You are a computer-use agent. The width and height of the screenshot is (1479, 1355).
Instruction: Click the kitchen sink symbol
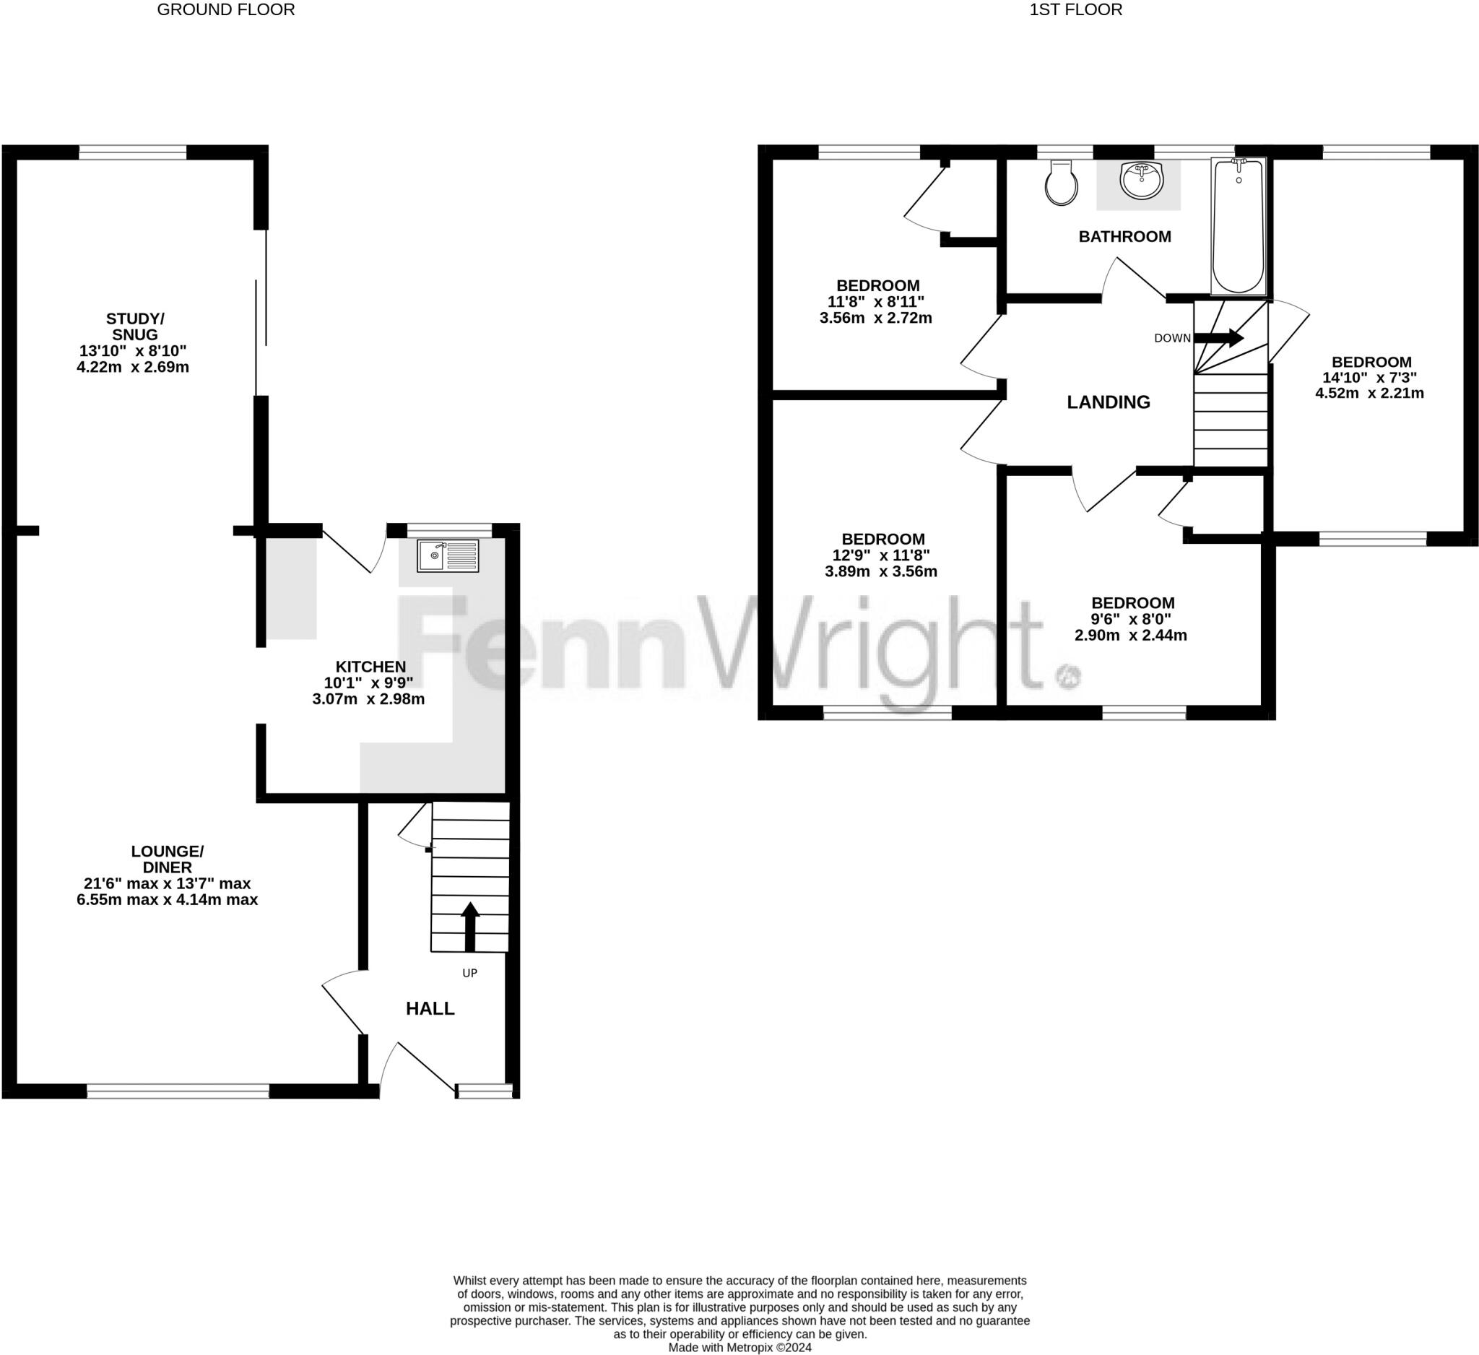tap(448, 555)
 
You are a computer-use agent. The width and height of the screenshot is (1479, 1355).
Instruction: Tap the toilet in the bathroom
tap(1061, 183)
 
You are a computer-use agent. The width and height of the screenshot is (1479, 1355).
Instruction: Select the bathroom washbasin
tap(1142, 181)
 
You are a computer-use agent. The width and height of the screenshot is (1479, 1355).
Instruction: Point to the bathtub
tap(1239, 226)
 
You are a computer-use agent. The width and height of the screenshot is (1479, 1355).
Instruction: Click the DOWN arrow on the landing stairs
tap(1218, 337)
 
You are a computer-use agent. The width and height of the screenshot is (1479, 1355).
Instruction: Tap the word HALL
tap(430, 1009)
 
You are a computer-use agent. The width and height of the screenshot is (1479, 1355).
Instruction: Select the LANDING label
tap(1108, 402)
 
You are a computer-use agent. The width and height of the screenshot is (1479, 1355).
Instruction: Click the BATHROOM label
tap(1124, 236)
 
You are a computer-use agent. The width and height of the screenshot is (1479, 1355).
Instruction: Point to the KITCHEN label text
tap(370, 666)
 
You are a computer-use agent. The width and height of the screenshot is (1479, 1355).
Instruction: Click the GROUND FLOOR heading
tap(226, 9)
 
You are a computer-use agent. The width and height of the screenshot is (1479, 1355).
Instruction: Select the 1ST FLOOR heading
tap(1075, 9)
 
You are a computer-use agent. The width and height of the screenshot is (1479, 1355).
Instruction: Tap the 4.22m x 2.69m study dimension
tap(133, 367)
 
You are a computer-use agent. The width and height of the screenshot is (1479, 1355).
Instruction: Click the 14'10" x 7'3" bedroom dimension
tap(1369, 377)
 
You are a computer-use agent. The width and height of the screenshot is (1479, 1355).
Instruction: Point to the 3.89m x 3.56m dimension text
tap(881, 571)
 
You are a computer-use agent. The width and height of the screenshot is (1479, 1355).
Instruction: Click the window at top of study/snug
tap(133, 152)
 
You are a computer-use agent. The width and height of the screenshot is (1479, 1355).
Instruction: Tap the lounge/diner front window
tap(178, 1091)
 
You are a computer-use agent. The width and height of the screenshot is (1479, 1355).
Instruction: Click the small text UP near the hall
tap(469, 973)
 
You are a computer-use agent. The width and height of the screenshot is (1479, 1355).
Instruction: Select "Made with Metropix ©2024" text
tap(739, 1348)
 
